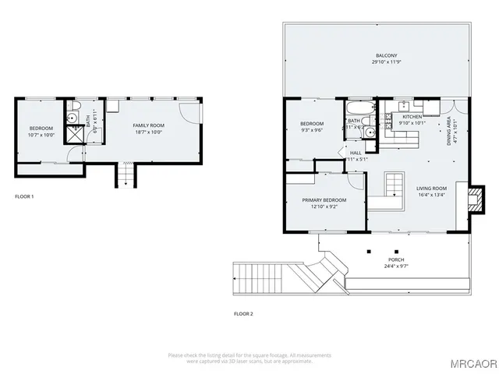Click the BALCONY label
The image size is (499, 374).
[x=387, y=55]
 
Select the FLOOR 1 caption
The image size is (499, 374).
[x=24, y=196]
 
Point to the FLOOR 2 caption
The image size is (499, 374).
[x=244, y=314]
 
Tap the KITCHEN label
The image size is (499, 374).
[x=412, y=117]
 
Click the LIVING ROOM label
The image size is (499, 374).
[x=431, y=188]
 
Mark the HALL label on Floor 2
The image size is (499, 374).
[x=356, y=153]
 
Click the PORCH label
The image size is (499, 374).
[x=396, y=259]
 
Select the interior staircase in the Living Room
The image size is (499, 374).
[x=393, y=187]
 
